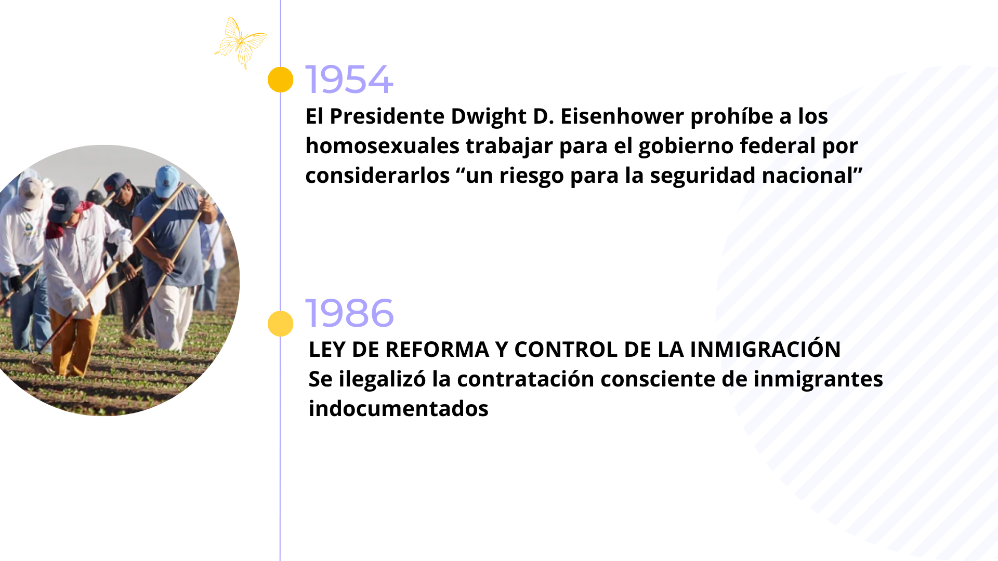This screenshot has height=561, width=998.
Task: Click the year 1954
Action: (x=349, y=79)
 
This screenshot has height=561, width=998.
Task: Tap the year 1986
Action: (x=349, y=313)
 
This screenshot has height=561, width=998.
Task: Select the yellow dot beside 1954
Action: (x=281, y=79)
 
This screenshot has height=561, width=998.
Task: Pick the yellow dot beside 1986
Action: (x=281, y=324)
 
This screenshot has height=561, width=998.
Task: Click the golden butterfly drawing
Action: (x=240, y=43)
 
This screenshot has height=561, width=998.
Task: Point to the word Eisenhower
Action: (x=622, y=116)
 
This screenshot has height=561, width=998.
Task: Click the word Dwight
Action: (x=489, y=117)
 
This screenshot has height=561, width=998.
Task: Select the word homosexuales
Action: (x=383, y=145)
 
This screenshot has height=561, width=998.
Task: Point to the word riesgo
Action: (x=532, y=176)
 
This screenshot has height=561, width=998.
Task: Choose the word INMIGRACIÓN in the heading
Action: (x=765, y=349)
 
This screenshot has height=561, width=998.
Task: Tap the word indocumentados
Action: (x=399, y=409)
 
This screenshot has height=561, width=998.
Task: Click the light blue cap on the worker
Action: (x=167, y=181)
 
